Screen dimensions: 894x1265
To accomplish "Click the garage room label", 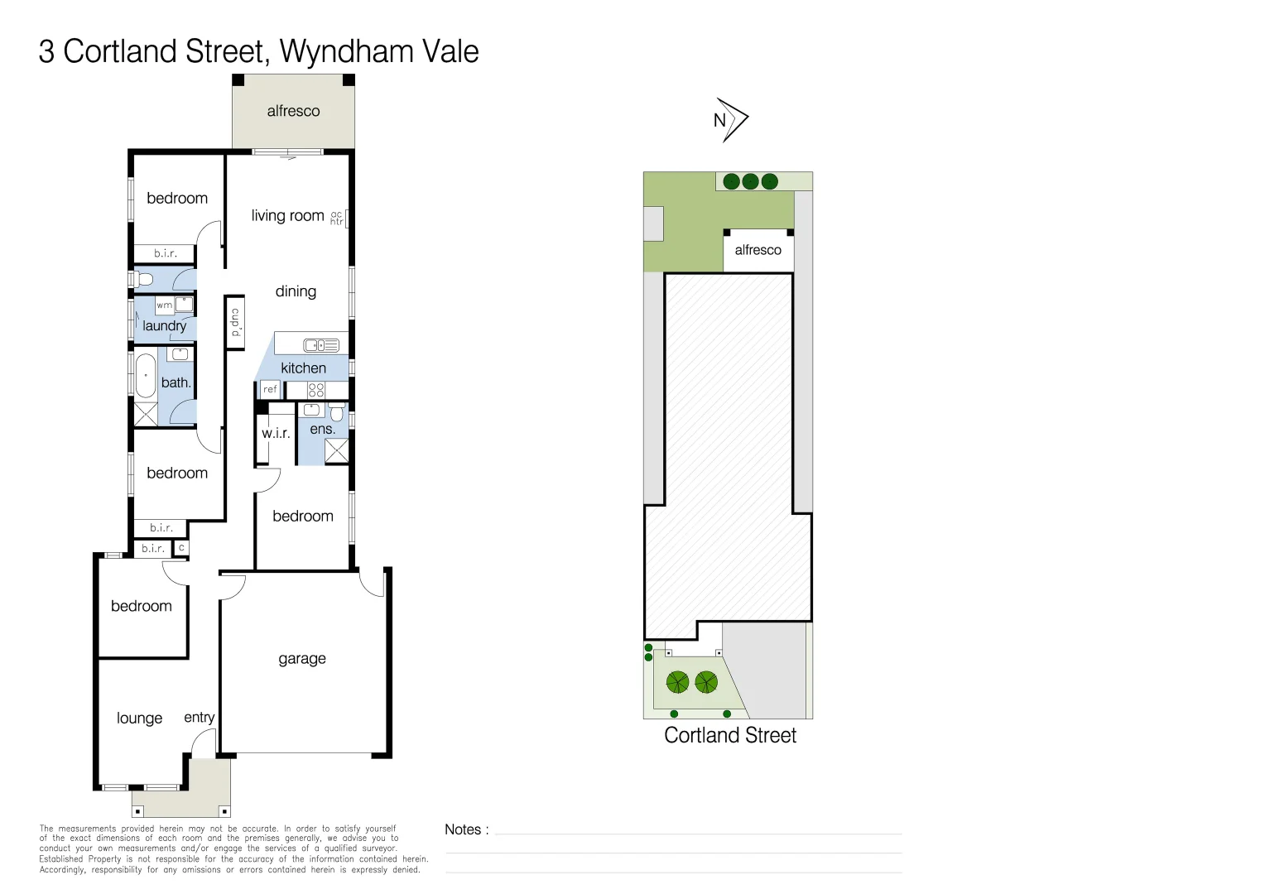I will tap(302, 659).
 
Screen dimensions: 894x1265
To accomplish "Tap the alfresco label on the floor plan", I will tap(293, 111).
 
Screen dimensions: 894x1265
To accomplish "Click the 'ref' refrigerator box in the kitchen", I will tap(270, 389).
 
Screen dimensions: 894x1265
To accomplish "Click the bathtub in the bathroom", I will tap(146, 377).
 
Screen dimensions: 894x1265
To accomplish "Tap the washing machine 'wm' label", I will tap(165, 305).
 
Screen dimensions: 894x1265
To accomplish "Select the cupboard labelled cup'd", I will tap(235, 322).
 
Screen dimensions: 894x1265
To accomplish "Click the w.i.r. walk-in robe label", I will tap(276, 433).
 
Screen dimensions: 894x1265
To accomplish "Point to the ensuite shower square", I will tap(336, 450).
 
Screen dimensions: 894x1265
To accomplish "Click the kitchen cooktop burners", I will tap(316, 390).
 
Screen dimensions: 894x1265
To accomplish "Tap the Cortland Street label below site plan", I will tap(729, 735).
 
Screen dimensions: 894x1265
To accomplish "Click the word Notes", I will tap(463, 829).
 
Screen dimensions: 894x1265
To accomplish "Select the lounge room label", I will tap(139, 719).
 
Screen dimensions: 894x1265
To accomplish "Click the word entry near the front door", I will tap(199, 717).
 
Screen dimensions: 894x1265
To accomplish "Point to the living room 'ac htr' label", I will tap(336, 218).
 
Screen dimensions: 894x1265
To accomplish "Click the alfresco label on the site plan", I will tap(758, 250).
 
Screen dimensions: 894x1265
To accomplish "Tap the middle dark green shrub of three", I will tap(750, 181).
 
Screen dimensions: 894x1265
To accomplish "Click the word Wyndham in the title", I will tap(347, 51).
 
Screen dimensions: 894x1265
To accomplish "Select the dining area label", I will tap(296, 291).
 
